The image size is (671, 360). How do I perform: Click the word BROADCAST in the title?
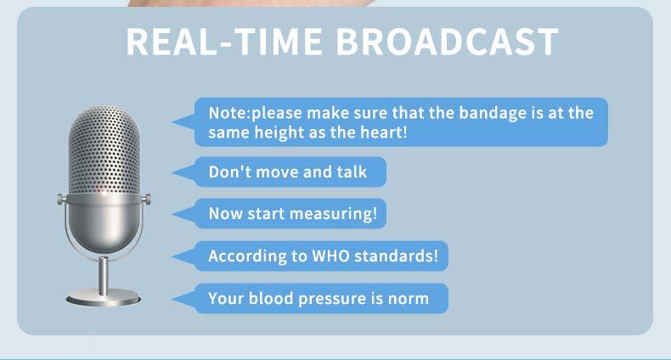447,42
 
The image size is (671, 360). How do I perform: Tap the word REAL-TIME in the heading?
224,42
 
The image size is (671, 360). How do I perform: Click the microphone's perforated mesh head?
104,149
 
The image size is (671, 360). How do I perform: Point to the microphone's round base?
103,297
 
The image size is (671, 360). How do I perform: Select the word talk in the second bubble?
352,172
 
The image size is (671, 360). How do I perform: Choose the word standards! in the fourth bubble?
397,256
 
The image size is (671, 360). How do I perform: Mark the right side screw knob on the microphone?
147,199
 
